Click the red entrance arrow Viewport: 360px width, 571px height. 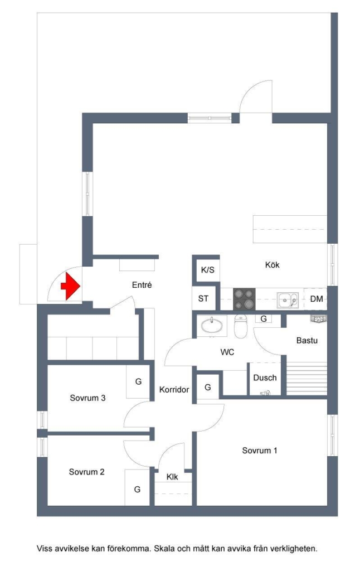coord(70,287)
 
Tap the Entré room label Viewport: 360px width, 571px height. coord(142,285)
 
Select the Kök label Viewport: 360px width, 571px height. coord(272,265)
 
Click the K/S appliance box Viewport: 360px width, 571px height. coord(207,270)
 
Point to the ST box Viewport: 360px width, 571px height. coord(203,298)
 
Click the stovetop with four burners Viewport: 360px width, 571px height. coord(244,299)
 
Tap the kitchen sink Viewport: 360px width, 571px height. coord(289,300)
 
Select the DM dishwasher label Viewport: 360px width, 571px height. coord(317,299)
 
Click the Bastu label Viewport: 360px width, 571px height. coord(307,340)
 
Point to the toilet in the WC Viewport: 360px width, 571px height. coord(241,327)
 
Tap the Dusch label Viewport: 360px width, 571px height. coord(265,378)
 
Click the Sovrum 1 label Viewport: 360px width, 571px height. coord(259,450)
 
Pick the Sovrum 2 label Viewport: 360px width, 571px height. coord(86,472)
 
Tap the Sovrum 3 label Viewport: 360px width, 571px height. coord(88,398)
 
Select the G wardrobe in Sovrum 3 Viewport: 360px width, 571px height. coord(138,382)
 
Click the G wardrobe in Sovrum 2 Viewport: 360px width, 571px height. coord(137,488)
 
